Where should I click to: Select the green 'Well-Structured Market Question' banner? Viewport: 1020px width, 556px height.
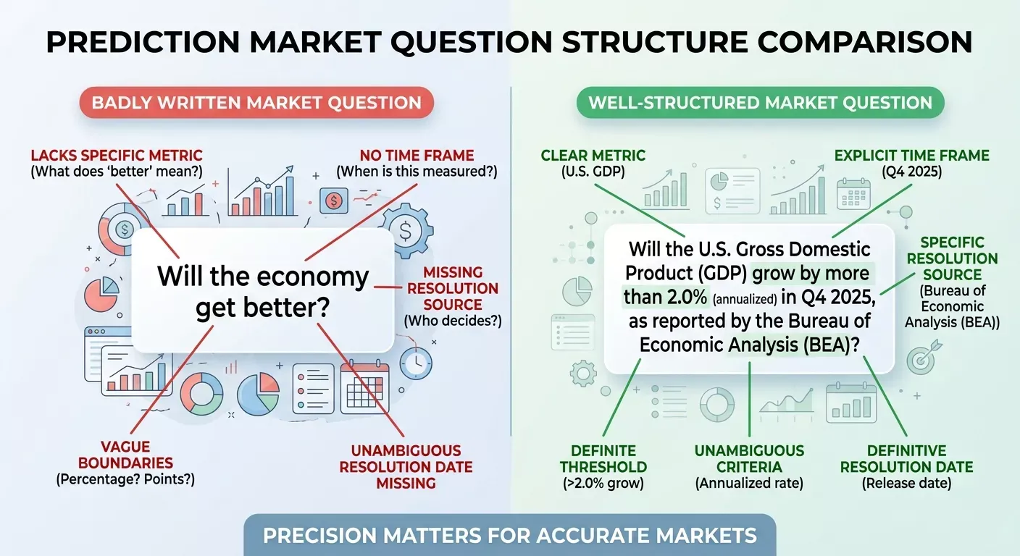point(760,102)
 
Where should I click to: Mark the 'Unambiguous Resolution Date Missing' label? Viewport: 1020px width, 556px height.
point(406,466)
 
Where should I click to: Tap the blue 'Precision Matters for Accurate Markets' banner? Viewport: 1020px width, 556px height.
point(509,536)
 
